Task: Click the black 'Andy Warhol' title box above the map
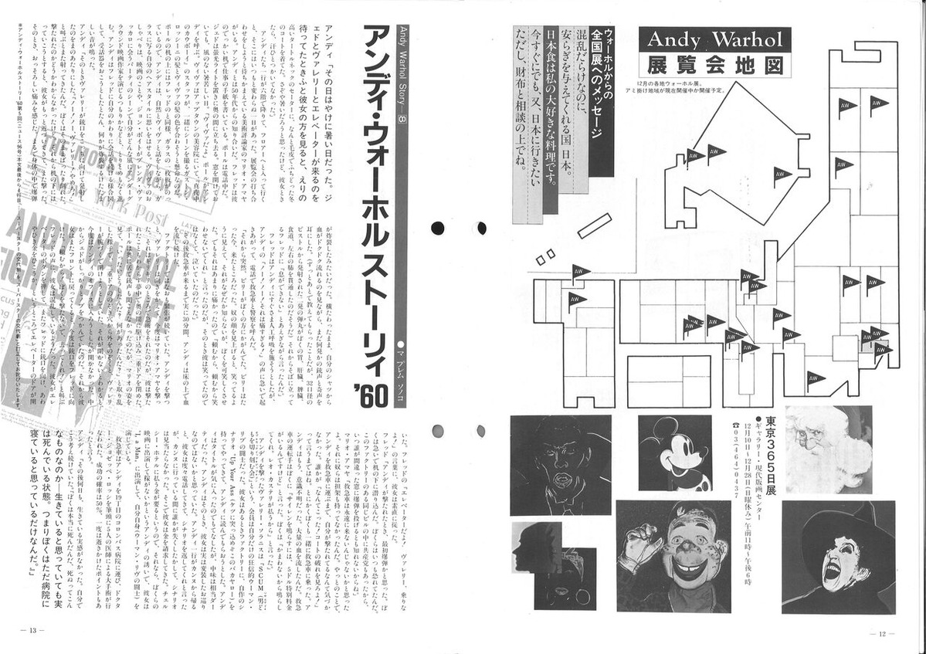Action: click(x=714, y=39)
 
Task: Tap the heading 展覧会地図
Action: click(x=714, y=64)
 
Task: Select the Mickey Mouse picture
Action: click(x=674, y=452)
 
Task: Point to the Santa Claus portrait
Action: click(x=828, y=449)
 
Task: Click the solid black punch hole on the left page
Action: click(x=438, y=228)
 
